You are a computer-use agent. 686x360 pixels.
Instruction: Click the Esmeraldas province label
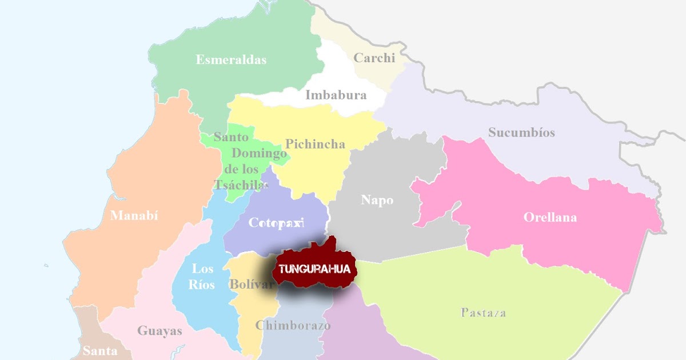231,59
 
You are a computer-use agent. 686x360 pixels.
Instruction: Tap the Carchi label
374,58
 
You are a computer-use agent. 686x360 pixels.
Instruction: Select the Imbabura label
336,95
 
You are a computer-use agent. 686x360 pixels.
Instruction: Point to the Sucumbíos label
521,133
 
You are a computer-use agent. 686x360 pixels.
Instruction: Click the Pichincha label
315,144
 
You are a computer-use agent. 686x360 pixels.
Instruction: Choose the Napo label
377,201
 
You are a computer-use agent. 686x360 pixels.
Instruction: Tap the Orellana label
550,218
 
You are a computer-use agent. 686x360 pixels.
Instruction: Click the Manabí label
134,215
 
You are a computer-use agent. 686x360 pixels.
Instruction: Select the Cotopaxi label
276,223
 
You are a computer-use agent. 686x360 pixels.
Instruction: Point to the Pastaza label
483,313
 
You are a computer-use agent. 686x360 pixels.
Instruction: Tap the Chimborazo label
293,326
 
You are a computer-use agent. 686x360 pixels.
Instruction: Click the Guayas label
159,331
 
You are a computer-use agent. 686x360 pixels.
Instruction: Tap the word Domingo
258,153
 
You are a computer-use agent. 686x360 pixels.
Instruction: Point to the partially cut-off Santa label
100,351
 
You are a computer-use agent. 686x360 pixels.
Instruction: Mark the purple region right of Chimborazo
354,331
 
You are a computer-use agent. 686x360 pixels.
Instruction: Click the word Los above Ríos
202,269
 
